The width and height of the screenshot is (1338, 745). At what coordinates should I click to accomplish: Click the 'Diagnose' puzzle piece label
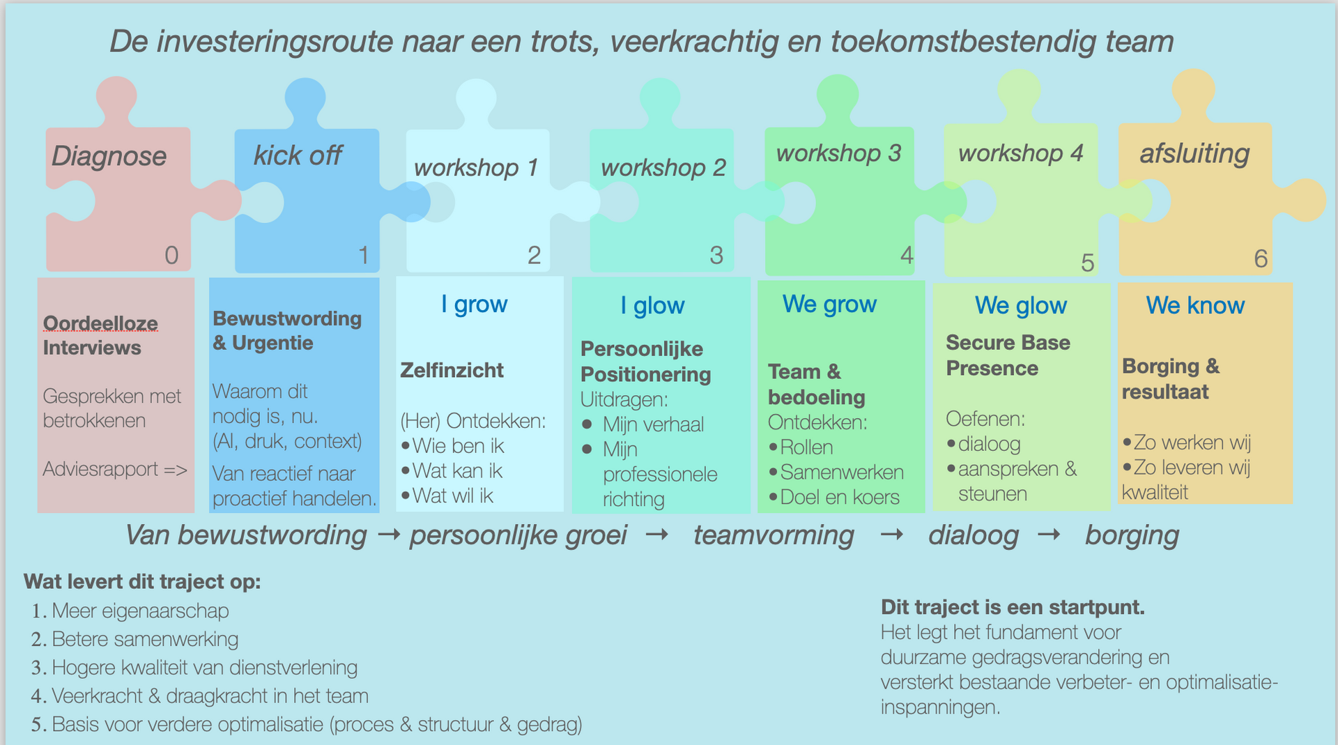coord(109,156)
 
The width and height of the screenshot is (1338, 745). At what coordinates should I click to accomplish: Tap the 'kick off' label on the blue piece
coord(298,155)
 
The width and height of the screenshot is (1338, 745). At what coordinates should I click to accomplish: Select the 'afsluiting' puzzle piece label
coord(1194,153)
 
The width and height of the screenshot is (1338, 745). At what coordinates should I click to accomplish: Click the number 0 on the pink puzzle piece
coord(171,256)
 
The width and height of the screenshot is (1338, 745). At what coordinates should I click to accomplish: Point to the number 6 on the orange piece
coord(1261,259)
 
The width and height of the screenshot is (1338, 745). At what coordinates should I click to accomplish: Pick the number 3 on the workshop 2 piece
coord(716,255)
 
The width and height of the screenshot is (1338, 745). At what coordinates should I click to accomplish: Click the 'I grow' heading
coord(474,305)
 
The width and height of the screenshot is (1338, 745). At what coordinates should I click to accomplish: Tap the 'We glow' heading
coord(1021,305)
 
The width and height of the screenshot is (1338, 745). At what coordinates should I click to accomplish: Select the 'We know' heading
coord(1195,305)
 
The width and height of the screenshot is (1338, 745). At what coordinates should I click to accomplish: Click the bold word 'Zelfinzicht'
coord(452,370)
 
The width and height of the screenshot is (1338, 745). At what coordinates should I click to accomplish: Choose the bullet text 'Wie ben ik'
coord(458,446)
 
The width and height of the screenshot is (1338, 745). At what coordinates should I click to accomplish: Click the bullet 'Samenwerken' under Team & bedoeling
coord(842,473)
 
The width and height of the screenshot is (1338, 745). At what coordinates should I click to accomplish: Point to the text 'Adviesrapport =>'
coord(115,469)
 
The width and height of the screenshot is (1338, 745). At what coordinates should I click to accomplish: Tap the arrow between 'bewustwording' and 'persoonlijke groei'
coord(388,535)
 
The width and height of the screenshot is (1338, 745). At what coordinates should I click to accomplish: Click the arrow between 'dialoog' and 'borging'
coord(1049,535)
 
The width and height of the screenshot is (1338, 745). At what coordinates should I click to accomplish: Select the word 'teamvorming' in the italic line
coord(774,535)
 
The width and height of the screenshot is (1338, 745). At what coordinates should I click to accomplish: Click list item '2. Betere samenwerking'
coord(145,639)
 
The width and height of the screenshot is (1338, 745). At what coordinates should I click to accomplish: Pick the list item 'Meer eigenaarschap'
coord(140,610)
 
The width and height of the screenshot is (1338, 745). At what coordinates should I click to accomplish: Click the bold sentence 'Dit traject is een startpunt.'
coord(1013,607)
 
